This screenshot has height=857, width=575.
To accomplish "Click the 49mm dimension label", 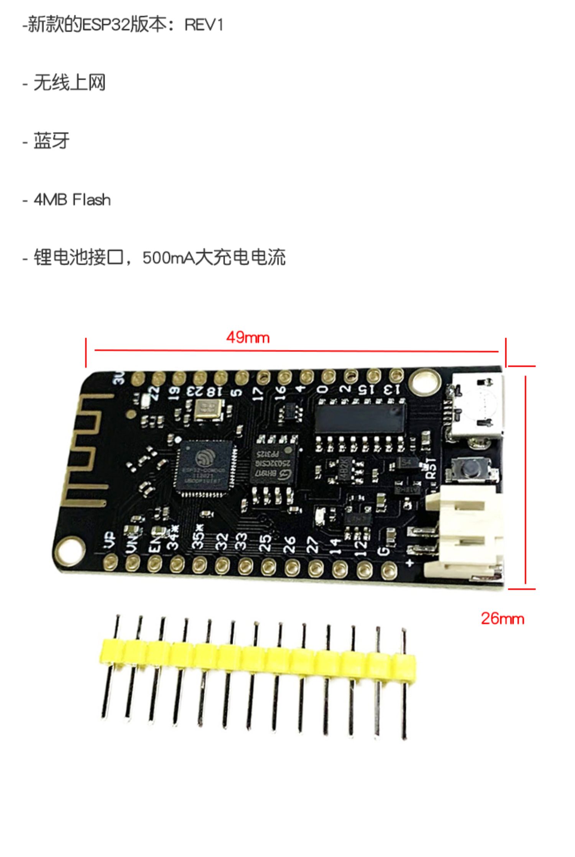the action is click(x=248, y=338).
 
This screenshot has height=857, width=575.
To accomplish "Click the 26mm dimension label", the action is click(x=502, y=619).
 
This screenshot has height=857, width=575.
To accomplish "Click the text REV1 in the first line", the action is click(x=204, y=25).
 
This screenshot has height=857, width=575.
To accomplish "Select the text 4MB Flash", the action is click(x=72, y=200).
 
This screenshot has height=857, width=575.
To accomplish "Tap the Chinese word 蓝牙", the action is click(x=51, y=141).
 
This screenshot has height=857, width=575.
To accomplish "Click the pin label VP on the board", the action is click(x=110, y=540).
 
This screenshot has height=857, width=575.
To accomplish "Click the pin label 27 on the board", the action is click(x=312, y=544).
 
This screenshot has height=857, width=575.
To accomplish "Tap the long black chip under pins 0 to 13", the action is click(x=360, y=418).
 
